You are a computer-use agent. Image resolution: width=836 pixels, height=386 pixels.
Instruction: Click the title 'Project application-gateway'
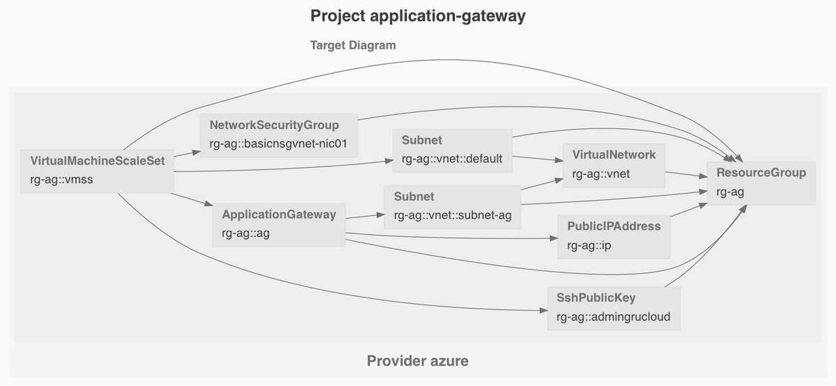click(x=417, y=17)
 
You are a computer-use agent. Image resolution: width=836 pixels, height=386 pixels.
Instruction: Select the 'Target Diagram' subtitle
click(x=353, y=45)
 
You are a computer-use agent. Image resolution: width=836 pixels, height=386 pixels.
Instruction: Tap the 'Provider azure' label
click(x=417, y=361)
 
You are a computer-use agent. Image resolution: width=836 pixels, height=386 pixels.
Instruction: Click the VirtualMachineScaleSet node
click(x=97, y=171)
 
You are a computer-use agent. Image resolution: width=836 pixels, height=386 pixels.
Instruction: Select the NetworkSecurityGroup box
click(x=279, y=136)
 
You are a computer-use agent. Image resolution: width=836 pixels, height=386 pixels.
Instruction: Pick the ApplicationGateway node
click(x=279, y=224)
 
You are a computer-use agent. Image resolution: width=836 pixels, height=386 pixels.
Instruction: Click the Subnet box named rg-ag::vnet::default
click(x=451, y=150)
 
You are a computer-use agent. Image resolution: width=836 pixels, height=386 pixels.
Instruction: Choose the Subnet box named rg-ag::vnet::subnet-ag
click(x=452, y=207)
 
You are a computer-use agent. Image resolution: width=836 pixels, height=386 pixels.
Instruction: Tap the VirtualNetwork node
click(x=614, y=164)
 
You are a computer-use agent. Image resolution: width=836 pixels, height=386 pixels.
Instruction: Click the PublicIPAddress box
click(x=614, y=236)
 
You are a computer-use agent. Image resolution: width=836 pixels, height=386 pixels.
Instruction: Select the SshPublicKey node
click(x=613, y=308)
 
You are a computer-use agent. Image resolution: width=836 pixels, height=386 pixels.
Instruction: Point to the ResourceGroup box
click(x=761, y=183)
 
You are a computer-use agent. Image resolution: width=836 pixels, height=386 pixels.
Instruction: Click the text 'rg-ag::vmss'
click(x=61, y=180)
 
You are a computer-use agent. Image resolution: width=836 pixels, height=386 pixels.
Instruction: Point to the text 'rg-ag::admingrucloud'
click(x=613, y=317)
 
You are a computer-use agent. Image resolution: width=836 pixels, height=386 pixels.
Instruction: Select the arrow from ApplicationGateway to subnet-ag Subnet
click(x=364, y=217)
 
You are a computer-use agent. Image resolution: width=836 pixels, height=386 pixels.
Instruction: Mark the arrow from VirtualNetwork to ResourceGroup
click(x=686, y=175)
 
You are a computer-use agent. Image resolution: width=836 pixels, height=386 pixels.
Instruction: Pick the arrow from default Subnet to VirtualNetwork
click(x=537, y=159)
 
